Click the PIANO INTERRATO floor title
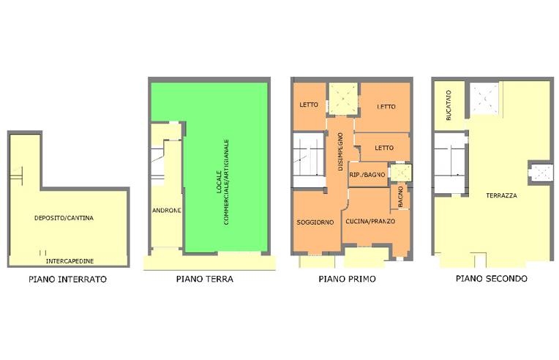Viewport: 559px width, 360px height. (x=67, y=279)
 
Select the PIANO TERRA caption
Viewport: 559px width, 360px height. (x=205, y=279)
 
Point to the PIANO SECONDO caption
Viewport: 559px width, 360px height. (x=491, y=279)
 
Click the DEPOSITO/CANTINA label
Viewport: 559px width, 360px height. (x=64, y=218)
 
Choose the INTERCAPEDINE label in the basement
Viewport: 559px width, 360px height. (x=70, y=260)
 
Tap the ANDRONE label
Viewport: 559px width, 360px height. (x=167, y=211)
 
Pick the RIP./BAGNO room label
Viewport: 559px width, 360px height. (x=367, y=175)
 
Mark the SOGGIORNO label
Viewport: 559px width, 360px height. (x=315, y=222)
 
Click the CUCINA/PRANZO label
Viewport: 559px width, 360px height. (x=370, y=222)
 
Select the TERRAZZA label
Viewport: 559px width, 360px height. (x=501, y=196)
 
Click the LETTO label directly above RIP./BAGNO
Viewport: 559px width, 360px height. (x=384, y=148)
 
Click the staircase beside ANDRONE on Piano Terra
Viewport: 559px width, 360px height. (x=157, y=162)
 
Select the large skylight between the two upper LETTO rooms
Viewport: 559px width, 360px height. (x=342, y=99)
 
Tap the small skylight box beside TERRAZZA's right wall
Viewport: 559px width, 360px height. (x=539, y=173)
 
